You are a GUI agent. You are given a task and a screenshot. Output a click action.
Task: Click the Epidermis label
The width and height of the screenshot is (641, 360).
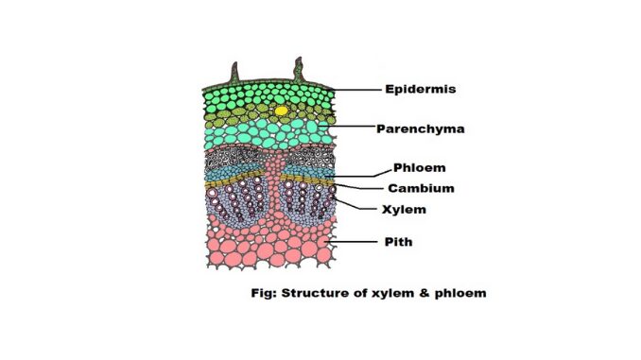[421, 89]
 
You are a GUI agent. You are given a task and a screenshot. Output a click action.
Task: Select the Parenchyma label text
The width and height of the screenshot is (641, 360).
[421, 129]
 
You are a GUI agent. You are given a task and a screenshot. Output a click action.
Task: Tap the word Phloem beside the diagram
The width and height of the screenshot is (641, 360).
[420, 168]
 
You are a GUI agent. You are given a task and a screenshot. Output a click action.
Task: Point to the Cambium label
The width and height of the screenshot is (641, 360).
[421, 188]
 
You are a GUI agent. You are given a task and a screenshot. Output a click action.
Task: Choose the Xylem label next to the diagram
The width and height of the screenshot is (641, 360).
[404, 210]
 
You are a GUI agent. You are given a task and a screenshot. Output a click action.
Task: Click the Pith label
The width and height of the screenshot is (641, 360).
[399, 242]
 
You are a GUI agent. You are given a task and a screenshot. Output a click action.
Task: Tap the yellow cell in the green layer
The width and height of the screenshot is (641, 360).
[281, 111]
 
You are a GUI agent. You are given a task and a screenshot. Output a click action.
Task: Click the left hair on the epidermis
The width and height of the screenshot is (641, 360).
[234, 73]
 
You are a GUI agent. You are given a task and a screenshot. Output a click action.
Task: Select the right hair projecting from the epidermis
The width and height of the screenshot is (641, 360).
[299, 70]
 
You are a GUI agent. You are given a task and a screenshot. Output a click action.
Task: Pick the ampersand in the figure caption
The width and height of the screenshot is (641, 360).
[424, 293]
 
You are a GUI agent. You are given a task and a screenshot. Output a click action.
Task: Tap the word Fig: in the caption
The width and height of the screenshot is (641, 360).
[264, 294]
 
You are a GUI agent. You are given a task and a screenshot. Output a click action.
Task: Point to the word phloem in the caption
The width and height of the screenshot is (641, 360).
[460, 294]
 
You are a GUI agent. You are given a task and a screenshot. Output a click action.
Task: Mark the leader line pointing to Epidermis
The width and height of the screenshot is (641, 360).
[355, 90]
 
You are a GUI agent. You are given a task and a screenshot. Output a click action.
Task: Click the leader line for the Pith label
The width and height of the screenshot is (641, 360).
[353, 242]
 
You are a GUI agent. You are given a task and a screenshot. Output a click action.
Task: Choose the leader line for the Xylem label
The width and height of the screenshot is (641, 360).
[354, 204]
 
